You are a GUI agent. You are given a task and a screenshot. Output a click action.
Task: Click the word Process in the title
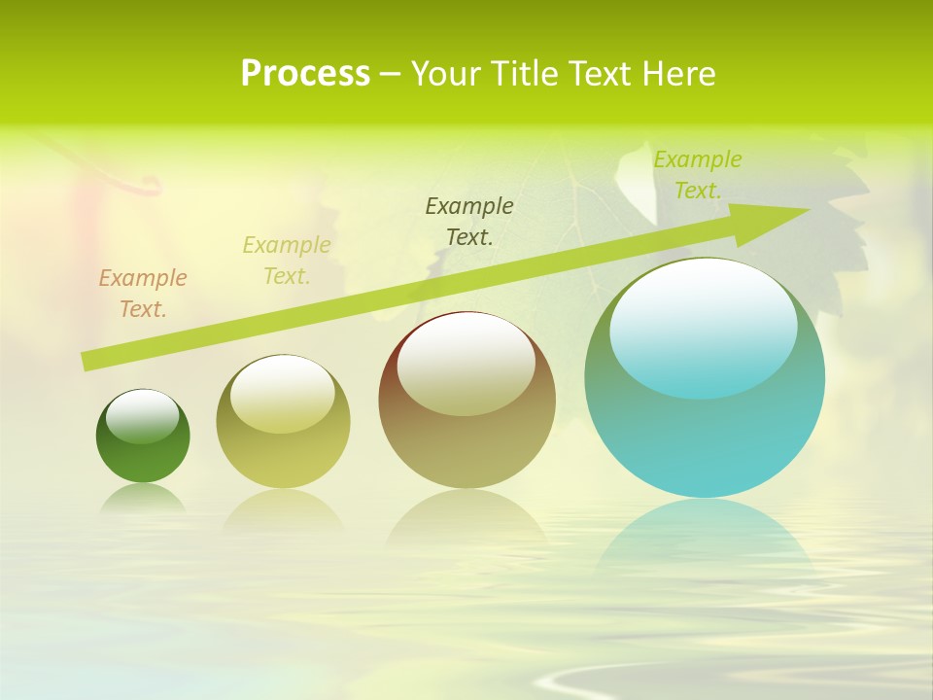[x=305, y=74]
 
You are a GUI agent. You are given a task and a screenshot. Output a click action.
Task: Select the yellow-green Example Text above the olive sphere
[x=287, y=261]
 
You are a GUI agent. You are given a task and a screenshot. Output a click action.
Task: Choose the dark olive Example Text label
[x=469, y=221]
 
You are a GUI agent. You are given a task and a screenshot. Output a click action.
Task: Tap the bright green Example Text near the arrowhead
[x=697, y=174]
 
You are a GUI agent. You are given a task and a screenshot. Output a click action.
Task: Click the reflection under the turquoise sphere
[x=705, y=535]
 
